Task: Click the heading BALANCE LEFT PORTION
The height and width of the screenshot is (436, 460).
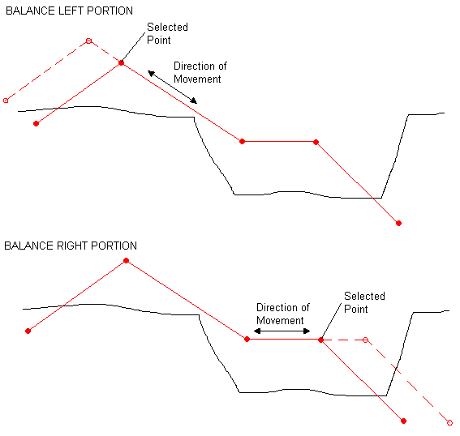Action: click(x=69, y=11)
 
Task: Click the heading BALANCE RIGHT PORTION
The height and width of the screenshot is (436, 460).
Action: click(x=71, y=246)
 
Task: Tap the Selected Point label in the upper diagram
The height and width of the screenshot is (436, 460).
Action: click(x=167, y=33)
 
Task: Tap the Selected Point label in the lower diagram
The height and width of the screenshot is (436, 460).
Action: click(x=364, y=302)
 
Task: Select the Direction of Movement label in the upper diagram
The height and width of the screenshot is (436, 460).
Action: click(x=200, y=72)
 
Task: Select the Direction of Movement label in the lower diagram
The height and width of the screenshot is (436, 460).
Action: click(x=283, y=314)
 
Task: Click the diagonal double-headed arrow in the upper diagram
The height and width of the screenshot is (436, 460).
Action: click(x=172, y=87)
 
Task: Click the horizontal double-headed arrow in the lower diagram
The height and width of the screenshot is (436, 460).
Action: click(x=282, y=331)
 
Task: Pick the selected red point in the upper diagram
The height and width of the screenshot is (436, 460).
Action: click(x=121, y=62)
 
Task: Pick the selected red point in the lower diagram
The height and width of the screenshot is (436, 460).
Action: click(x=320, y=340)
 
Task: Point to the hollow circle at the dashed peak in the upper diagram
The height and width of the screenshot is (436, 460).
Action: click(x=88, y=41)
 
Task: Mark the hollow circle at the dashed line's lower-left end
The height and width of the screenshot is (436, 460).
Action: click(x=6, y=100)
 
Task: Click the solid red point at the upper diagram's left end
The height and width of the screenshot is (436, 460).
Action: click(x=36, y=124)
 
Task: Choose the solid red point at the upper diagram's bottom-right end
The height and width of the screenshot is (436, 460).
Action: click(x=398, y=224)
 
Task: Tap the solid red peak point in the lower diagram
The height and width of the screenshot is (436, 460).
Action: click(x=126, y=260)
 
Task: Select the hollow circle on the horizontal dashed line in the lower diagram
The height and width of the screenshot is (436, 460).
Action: click(x=365, y=340)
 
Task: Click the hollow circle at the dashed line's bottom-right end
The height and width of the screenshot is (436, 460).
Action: click(x=449, y=423)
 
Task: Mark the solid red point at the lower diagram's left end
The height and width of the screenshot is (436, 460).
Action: click(x=28, y=331)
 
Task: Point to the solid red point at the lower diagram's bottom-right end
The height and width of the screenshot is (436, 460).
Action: click(x=404, y=421)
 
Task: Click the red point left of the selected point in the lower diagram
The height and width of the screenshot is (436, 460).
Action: click(x=247, y=340)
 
